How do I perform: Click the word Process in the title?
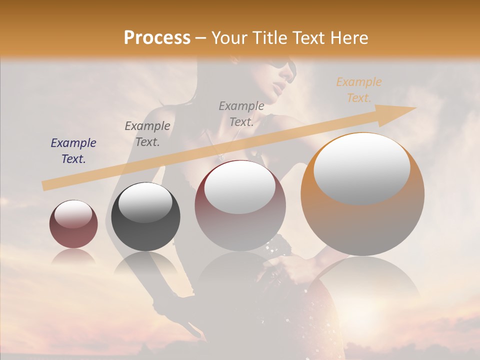pyautogui.click(x=157, y=38)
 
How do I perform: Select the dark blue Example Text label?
pyautogui.click(x=73, y=151)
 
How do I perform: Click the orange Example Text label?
pyautogui.click(x=358, y=90)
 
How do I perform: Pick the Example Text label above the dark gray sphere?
pyautogui.click(x=147, y=134)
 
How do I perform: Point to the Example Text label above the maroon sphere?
pyautogui.click(x=241, y=113)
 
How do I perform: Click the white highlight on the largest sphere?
pyautogui.click(x=362, y=168)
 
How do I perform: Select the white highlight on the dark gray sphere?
pyautogui.click(x=145, y=202)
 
